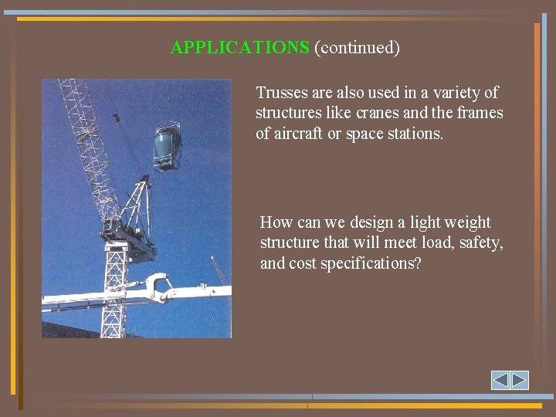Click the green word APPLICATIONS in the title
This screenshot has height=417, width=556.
click(239, 48)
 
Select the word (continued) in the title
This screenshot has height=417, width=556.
click(357, 48)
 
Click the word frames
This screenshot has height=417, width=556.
click(480, 113)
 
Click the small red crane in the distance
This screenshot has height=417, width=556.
click(219, 270)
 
